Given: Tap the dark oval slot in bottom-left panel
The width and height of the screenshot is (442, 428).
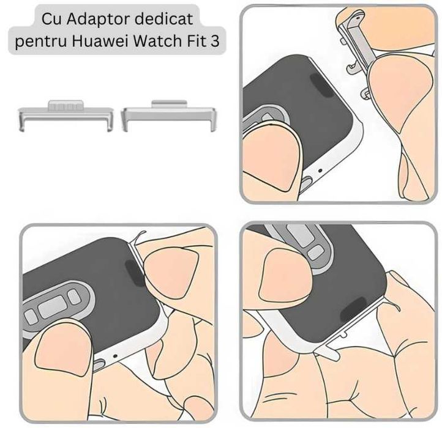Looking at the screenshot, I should click(x=131, y=267).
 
